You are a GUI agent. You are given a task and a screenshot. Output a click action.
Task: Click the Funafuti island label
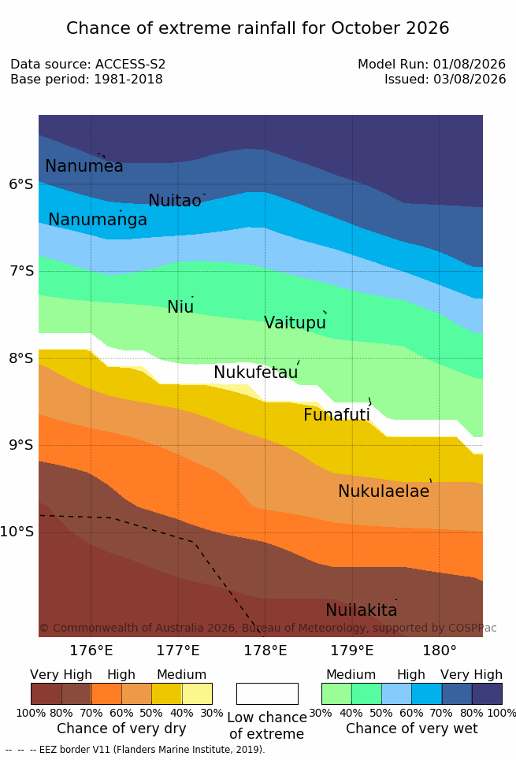(336, 414)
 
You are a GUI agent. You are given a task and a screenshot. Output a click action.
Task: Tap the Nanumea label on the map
(84, 165)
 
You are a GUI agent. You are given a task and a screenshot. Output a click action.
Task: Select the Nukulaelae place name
(384, 491)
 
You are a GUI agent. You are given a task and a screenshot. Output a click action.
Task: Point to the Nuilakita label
(362, 610)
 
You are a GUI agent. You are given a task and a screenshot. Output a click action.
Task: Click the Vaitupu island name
(295, 323)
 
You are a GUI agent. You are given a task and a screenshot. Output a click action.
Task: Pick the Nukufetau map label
(255, 373)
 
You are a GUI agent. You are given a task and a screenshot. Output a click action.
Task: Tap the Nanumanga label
(98, 220)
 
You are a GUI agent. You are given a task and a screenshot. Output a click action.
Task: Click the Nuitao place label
(175, 200)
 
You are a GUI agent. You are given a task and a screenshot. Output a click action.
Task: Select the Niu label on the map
(180, 307)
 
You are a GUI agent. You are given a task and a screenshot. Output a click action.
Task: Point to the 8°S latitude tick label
(21, 358)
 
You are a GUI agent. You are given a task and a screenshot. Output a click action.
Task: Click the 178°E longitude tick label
(265, 650)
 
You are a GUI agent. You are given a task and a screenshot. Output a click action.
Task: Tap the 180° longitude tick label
(440, 650)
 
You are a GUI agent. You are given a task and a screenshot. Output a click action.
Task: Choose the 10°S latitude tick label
(17, 532)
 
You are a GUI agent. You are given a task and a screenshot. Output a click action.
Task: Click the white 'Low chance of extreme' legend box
(267, 694)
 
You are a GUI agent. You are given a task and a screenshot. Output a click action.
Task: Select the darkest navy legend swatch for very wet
(487, 694)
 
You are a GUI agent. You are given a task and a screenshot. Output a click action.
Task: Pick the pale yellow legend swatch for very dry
(197, 694)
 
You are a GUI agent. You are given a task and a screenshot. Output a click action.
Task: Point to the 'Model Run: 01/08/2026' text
(432, 64)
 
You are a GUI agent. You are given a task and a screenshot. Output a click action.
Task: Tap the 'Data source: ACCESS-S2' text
(87, 64)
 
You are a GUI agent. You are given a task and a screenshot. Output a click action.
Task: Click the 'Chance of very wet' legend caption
(412, 728)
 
